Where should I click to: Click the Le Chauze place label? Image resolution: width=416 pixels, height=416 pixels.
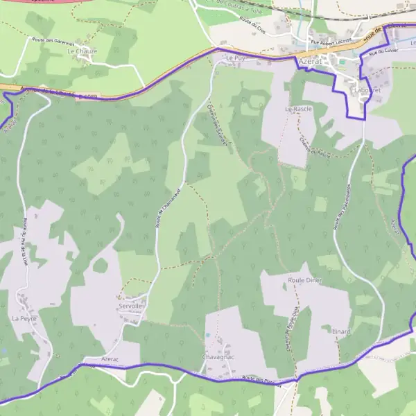(x=83, y=51)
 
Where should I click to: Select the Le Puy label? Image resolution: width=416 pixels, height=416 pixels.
(x=236, y=58)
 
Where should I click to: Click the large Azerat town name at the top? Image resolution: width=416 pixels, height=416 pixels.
(x=310, y=61)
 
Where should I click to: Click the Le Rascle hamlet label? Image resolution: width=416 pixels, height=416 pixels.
(x=298, y=110)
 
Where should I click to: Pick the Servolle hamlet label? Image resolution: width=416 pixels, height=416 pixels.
(x=130, y=306)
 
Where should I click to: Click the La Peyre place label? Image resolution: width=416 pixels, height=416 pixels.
(x=23, y=318)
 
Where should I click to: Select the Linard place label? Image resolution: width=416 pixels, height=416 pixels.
(x=341, y=331)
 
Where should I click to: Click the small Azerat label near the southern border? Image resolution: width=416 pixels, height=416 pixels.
(x=110, y=361)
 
